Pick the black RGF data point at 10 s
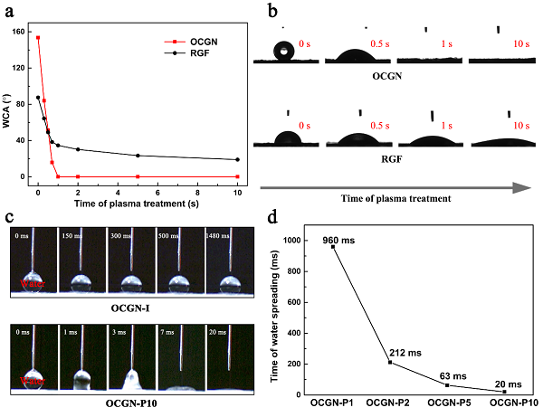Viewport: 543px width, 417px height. pyautogui.click(x=237, y=159)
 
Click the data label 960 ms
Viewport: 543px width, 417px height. pyautogui.click(x=337, y=240)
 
